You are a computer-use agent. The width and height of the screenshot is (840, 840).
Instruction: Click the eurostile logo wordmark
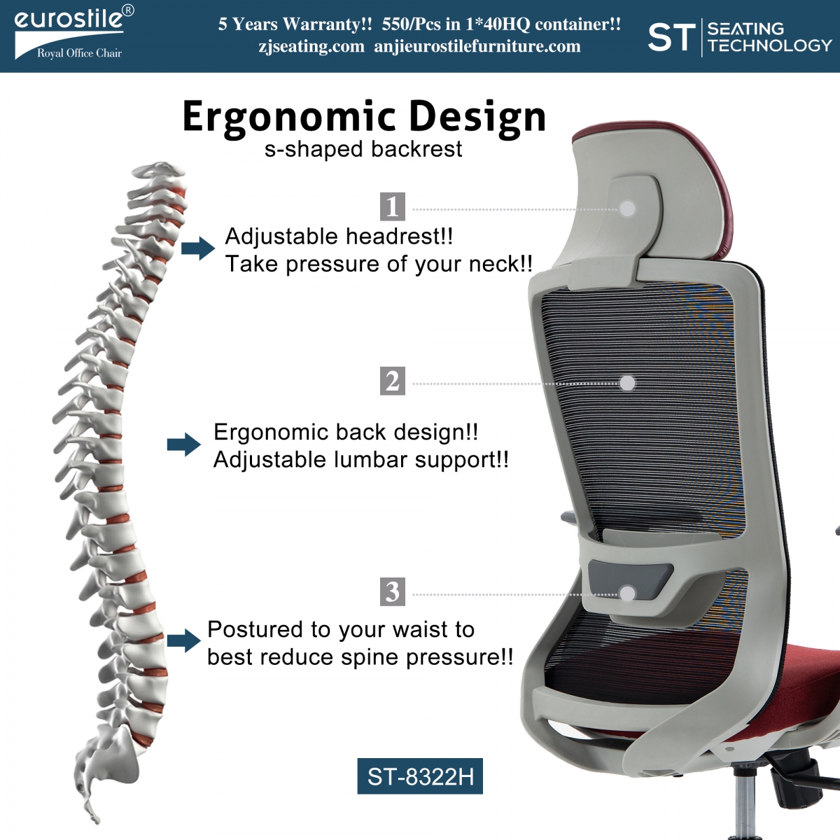[x=69, y=20]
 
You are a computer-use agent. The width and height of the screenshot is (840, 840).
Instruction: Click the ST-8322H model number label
[x=420, y=776]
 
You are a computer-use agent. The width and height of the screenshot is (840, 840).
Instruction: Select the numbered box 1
[x=392, y=206]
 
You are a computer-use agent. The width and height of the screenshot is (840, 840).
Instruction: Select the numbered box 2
[x=392, y=381]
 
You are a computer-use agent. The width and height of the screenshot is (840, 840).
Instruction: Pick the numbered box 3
[x=392, y=591]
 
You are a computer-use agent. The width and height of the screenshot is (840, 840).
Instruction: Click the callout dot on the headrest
[x=627, y=209]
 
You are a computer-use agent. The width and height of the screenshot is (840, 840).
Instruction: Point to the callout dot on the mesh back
[x=627, y=383]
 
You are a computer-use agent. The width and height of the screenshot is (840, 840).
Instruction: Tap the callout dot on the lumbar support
[x=627, y=594]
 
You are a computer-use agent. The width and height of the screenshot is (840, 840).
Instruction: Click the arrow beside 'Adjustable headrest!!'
[x=198, y=248]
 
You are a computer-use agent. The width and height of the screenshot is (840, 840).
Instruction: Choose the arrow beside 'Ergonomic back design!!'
[x=184, y=444]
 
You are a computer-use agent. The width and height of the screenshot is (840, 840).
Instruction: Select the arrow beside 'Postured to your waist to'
[x=184, y=640]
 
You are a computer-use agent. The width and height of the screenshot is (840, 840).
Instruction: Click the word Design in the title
[x=477, y=118]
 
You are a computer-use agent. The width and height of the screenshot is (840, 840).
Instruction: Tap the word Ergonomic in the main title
[x=289, y=118]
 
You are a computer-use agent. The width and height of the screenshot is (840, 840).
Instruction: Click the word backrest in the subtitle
[x=416, y=149]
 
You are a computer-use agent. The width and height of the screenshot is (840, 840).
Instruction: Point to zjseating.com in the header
[x=311, y=46]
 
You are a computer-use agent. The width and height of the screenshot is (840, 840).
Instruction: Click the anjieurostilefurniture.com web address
[x=477, y=46]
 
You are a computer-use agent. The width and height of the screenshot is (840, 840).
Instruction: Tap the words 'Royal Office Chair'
[x=79, y=53]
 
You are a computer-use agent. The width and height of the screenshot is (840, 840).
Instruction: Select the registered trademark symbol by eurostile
[x=127, y=11]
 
